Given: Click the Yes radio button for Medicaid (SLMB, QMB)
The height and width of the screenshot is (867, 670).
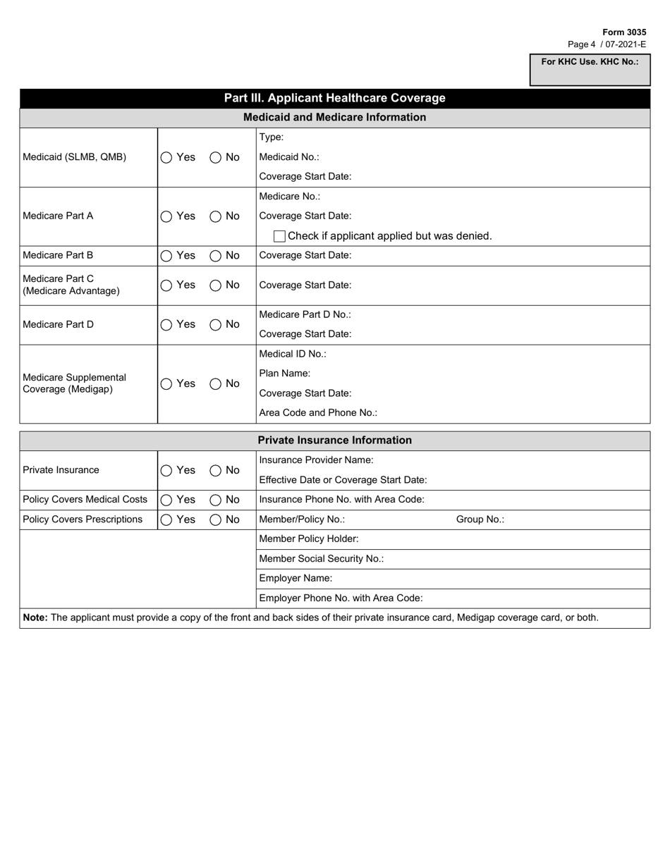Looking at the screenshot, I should pos(166,158).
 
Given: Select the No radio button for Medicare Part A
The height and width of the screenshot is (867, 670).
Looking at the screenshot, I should pos(216,216).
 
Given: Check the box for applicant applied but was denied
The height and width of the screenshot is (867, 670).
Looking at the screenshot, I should pos(279,236).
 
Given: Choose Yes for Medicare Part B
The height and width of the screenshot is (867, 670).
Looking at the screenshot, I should pos(166,256).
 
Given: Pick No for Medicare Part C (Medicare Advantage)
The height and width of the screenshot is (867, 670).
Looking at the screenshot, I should pos(216,285).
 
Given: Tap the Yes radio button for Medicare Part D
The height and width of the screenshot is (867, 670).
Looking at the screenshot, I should pos(166,325).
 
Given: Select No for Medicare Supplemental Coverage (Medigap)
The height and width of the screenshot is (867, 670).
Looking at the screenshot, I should pos(216,384).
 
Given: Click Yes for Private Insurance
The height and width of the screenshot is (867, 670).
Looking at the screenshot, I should pos(166,471).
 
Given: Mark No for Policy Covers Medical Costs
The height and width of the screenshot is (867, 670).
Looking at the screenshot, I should pos(216,500).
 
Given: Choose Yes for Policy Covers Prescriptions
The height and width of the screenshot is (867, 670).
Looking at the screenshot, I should pos(166,520).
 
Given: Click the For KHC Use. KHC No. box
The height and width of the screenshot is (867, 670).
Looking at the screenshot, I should pos(590,71).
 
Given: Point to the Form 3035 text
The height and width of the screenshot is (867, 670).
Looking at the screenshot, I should pos(623,32).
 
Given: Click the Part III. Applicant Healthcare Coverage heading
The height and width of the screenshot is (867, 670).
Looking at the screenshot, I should pos(334,98).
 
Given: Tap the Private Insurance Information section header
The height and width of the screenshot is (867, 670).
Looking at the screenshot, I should pos(334,441).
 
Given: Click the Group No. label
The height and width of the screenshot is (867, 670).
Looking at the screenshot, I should pos(480,519).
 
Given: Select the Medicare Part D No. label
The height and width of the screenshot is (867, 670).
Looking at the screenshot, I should pos(305,314).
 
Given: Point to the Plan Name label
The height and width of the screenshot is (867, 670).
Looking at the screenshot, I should pos(285,374).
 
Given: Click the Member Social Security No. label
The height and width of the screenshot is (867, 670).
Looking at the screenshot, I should pos(322,559).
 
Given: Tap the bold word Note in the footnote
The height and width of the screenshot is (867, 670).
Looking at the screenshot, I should pos(35,617).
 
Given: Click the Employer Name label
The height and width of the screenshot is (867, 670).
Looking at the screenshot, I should pos(296,579).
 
